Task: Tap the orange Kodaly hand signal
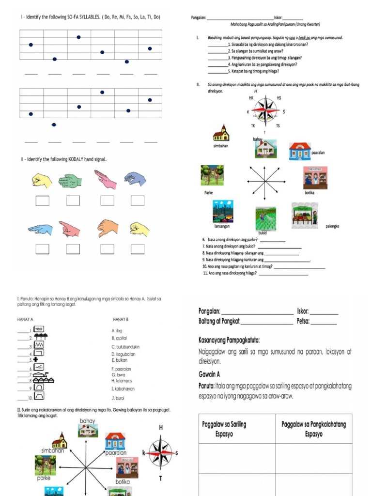[x=108, y=228]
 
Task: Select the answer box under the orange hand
[x=108, y=249]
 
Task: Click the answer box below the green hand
[x=73, y=200]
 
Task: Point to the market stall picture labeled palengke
[x=305, y=216]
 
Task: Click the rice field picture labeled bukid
[x=265, y=219]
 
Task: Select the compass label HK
[x=251, y=98]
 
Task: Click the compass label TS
[x=278, y=126]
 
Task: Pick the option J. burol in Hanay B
[x=117, y=398]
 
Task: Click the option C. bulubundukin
[x=124, y=347]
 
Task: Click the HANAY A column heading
[x=25, y=320]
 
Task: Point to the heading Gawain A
[x=209, y=374]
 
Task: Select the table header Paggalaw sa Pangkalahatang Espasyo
[x=313, y=429]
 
